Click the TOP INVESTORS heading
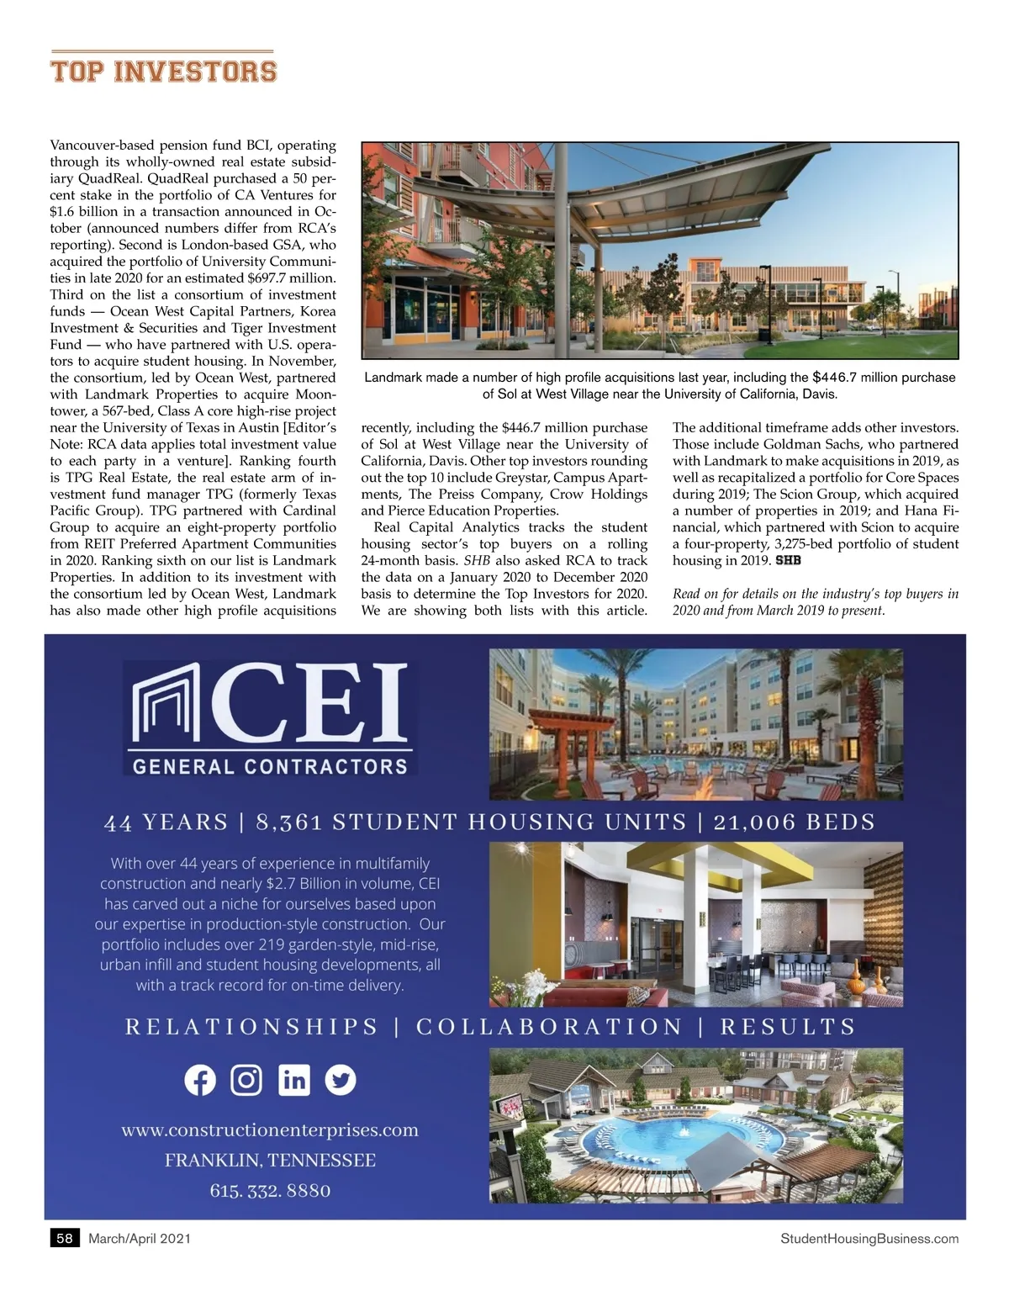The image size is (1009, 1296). pos(163,70)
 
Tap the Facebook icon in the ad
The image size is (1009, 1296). pos(200,1080)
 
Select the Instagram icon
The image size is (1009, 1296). pos(246,1080)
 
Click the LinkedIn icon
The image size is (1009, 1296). pos(293,1080)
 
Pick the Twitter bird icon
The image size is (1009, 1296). pos(340,1080)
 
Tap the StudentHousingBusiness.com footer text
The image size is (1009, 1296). pos(869,1238)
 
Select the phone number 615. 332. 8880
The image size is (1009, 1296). pos(270,1191)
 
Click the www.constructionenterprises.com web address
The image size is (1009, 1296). pos(270,1130)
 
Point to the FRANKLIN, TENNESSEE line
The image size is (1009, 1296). pos(270,1161)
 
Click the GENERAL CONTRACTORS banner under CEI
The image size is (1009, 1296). pos(270,766)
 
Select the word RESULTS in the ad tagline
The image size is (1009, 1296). pos(788,1027)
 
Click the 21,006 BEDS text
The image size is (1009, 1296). pos(795,822)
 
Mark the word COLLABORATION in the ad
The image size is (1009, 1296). pos(549,1027)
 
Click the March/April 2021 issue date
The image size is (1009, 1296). pos(140,1238)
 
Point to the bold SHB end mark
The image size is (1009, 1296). pos(788,561)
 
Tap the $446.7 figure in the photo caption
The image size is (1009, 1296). pos(834,377)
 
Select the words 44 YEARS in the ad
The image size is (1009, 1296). pos(166,823)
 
